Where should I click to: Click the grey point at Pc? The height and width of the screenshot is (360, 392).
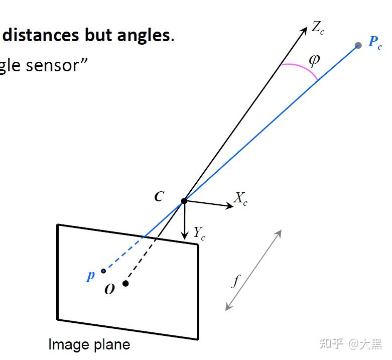pyautogui.click(x=358, y=45)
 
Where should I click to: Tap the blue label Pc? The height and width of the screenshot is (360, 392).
pyautogui.click(x=374, y=42)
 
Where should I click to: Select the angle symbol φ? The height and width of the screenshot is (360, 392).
pyautogui.click(x=314, y=60)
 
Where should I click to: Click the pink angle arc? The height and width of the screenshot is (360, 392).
pyautogui.click(x=301, y=68)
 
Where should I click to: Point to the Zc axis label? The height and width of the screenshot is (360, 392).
pyautogui.click(x=318, y=28)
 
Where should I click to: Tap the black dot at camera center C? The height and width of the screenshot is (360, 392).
pyautogui.click(x=184, y=201)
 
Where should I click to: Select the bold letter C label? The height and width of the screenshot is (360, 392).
pyautogui.click(x=159, y=197)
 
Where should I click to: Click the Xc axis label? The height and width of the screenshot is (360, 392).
pyautogui.click(x=240, y=199)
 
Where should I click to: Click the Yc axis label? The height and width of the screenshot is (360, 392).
pyautogui.click(x=199, y=233)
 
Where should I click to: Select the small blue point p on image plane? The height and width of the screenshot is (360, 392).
pyautogui.click(x=103, y=271)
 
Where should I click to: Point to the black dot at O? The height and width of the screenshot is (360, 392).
pyautogui.click(x=125, y=284)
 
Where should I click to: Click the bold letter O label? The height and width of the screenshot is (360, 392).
pyautogui.click(x=109, y=290)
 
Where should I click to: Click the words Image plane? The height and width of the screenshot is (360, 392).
pyautogui.click(x=89, y=345)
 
